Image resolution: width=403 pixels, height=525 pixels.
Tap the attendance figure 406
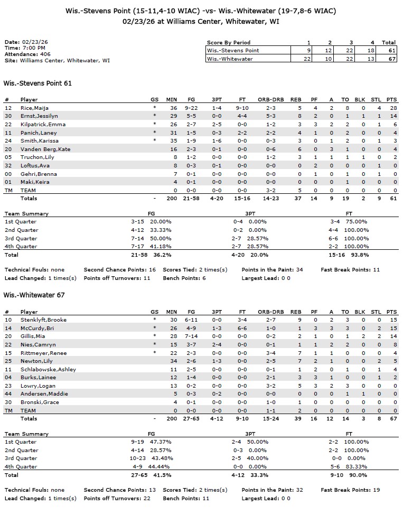pos(45,54)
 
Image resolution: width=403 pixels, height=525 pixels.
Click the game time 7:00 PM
pos(34,48)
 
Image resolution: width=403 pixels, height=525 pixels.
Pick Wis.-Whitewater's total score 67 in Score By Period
pos(389,59)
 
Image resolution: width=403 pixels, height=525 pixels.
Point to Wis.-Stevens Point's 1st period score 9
pos(309,51)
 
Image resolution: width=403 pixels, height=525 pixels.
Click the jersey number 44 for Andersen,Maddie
pos(8,394)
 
